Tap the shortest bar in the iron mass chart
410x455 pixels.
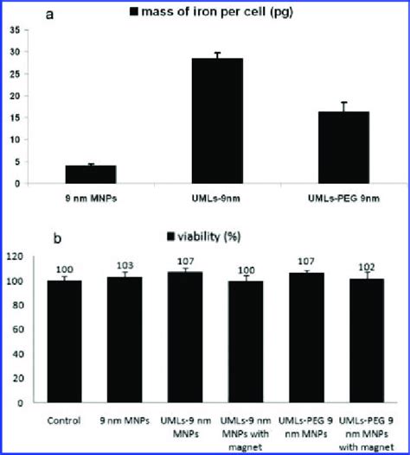pos(91,174)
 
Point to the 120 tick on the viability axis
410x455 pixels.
pos(16,256)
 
